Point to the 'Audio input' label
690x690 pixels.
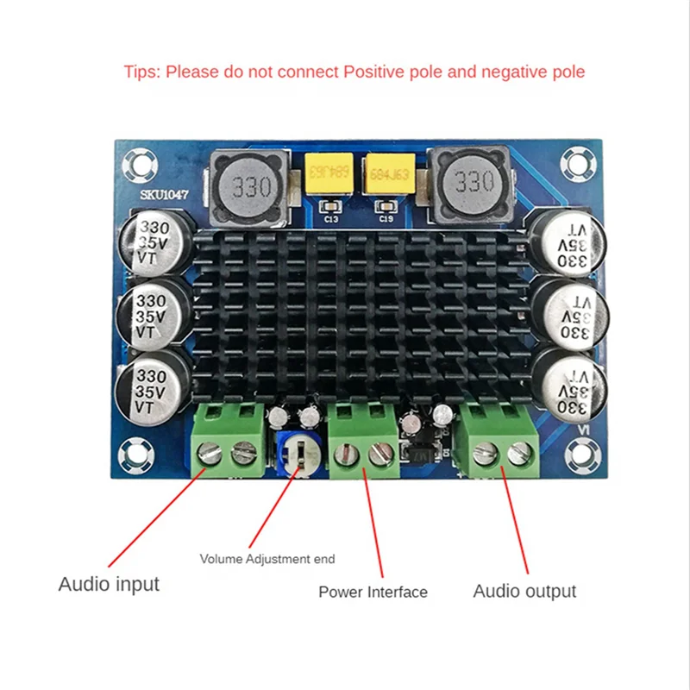point(109,584)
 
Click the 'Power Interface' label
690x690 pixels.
point(373,592)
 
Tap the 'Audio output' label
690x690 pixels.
point(524,591)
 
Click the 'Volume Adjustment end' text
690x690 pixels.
point(267,559)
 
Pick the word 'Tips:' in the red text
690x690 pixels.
point(141,72)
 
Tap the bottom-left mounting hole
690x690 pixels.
point(135,451)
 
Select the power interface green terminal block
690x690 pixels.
point(362,440)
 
